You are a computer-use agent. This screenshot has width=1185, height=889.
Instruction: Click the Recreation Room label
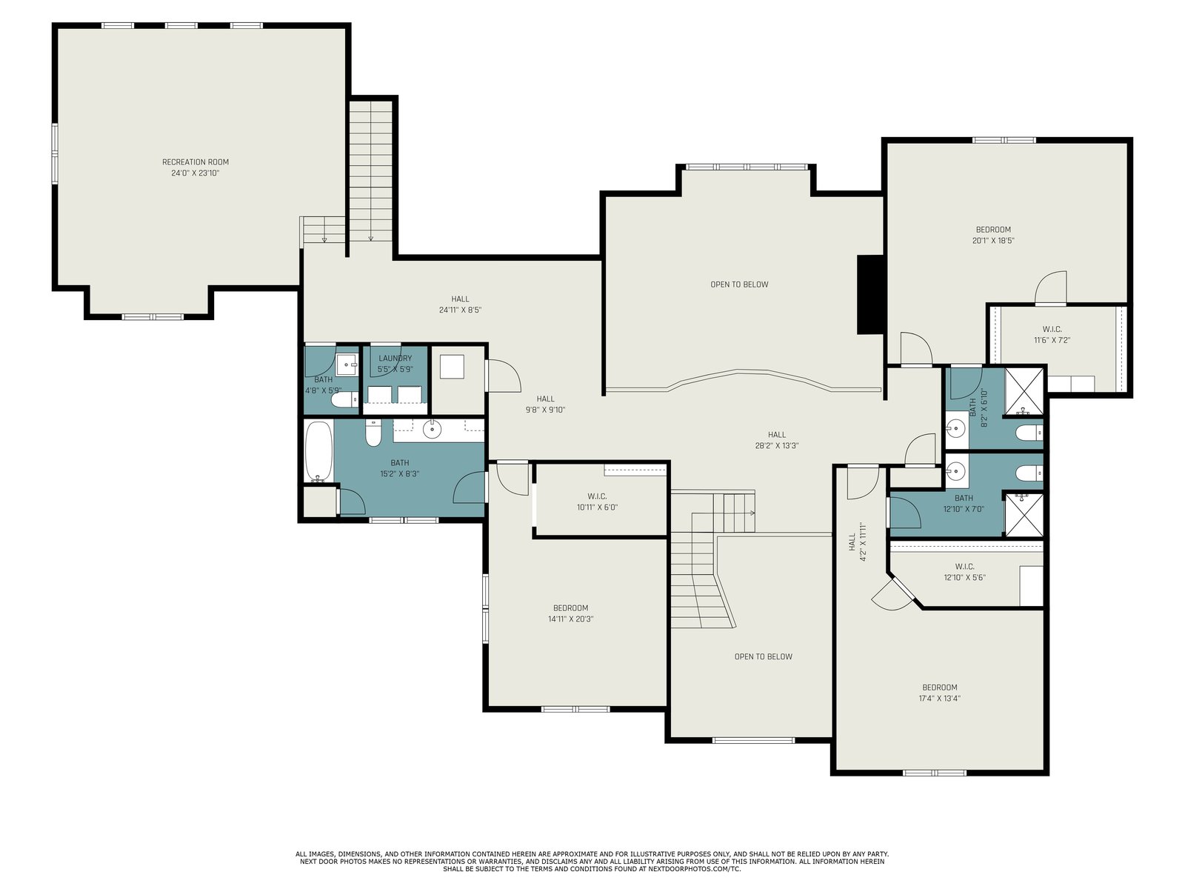[x=196, y=162]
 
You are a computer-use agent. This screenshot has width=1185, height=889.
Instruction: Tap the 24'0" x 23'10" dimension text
[x=196, y=173]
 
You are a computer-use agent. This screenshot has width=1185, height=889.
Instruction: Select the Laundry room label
[x=395, y=359]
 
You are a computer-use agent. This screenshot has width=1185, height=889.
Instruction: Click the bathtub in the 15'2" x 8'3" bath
[x=318, y=451]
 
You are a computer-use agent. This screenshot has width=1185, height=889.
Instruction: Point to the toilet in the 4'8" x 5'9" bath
[x=344, y=400]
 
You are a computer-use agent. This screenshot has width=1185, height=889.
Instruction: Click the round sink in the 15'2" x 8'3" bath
[x=432, y=430]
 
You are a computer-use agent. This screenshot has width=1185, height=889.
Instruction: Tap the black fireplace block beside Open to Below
[x=870, y=295]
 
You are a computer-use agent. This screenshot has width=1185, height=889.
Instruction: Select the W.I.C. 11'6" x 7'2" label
[x=1052, y=335]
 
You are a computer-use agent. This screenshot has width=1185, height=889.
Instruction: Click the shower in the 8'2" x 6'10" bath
[x=1024, y=392]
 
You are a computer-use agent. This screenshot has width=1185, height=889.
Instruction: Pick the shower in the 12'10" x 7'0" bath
[x=1024, y=515]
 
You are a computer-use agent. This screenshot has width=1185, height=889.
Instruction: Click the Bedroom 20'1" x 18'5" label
[x=993, y=236]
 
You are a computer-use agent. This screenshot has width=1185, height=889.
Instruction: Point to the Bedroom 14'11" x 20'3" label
[x=570, y=613]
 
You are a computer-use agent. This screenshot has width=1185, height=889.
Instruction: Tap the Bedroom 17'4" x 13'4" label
[x=940, y=693]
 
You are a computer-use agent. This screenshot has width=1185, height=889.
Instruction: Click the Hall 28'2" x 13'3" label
[x=777, y=441]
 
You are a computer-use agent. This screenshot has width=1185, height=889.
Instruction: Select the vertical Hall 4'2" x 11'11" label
[x=858, y=542]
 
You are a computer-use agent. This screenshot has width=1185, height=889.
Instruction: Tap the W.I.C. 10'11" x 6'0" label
[x=597, y=502]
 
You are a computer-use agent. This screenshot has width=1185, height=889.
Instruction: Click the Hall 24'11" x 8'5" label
[x=460, y=304]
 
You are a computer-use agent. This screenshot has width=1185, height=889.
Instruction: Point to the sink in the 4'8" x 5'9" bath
[x=346, y=365]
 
